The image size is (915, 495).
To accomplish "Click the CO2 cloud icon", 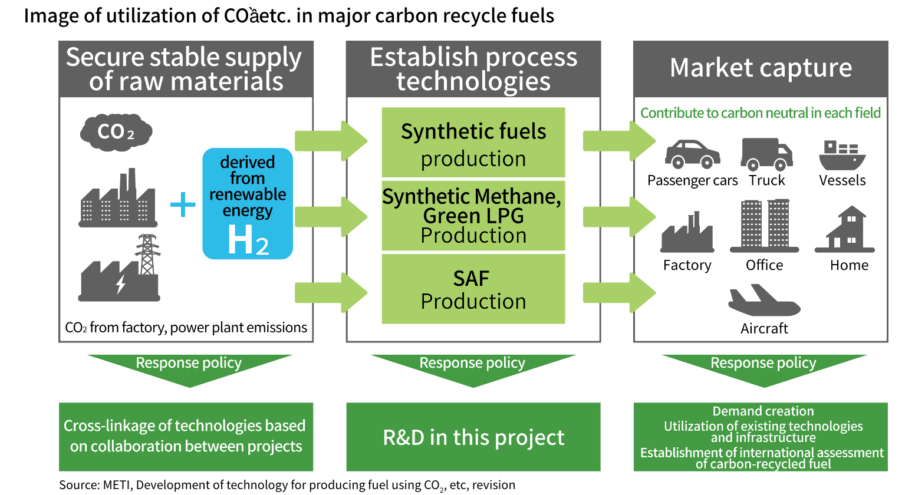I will click(x=116, y=131).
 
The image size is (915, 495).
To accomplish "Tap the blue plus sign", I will click(x=183, y=204).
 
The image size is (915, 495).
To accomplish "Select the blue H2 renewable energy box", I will click(x=248, y=203).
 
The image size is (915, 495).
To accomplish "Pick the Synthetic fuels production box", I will click(x=473, y=143).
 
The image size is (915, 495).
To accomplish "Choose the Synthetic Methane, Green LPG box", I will click(x=473, y=216).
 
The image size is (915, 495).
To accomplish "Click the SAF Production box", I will click(x=473, y=289).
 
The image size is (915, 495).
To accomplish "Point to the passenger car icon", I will click(x=692, y=154).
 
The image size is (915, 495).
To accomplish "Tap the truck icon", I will click(x=766, y=154).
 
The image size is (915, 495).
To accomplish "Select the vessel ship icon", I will click(x=842, y=155).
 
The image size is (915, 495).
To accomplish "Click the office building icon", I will click(x=765, y=225).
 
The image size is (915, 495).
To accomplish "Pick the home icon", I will click(x=845, y=229).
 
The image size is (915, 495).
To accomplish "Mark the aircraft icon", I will click(x=763, y=301).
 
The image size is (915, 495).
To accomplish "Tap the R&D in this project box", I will click(x=473, y=437).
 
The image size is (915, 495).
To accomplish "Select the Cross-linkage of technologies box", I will click(x=186, y=437).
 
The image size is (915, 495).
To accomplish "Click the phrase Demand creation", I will click(x=763, y=411).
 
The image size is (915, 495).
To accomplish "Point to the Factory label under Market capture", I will click(x=687, y=265).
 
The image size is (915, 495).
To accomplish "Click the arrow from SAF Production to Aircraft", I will click(x=619, y=292).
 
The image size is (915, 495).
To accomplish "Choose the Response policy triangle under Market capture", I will click(x=764, y=368).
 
